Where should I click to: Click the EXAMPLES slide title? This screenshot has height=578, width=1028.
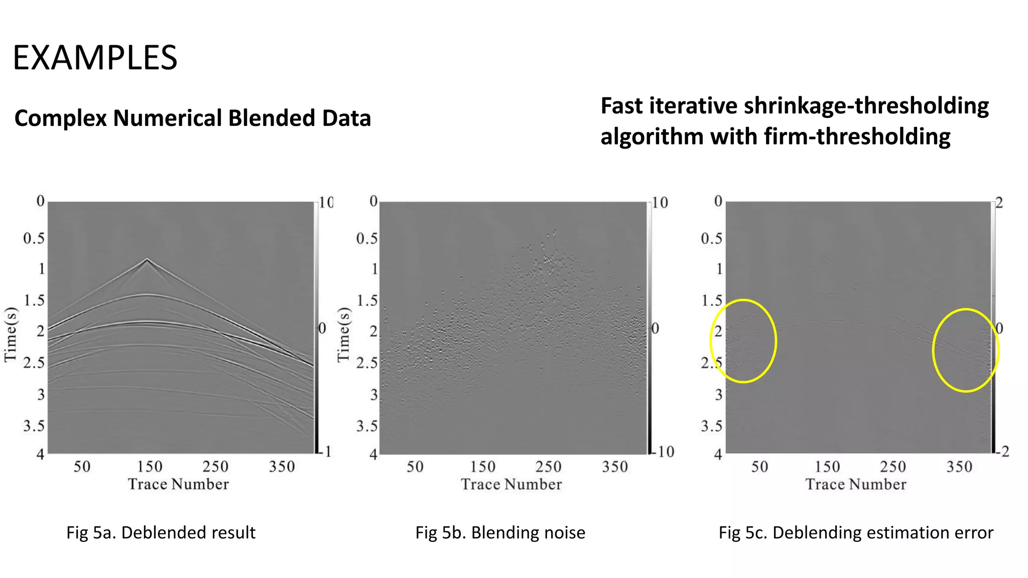coord(95,58)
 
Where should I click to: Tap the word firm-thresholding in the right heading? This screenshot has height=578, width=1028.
coord(857,136)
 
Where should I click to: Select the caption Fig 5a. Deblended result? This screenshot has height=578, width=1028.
coord(161,532)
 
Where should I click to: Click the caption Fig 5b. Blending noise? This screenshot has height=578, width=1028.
coord(500,532)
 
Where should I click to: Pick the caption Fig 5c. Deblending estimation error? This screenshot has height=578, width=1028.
coord(855,532)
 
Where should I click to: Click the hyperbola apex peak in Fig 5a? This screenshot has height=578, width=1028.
coord(147,259)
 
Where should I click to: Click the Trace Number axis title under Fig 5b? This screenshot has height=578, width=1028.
coord(511,484)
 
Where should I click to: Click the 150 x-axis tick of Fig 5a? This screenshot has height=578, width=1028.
coord(150,467)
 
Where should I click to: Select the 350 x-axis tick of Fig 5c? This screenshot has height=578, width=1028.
coord(959,467)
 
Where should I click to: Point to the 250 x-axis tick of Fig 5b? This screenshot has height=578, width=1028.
coord(548,467)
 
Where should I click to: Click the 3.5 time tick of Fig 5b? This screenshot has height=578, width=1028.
coord(366,426)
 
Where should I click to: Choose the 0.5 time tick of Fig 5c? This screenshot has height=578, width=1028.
coord(711,238)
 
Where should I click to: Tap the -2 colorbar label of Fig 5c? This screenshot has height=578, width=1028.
coord(1002,452)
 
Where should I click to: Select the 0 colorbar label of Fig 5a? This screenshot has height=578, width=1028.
coord(322,329)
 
